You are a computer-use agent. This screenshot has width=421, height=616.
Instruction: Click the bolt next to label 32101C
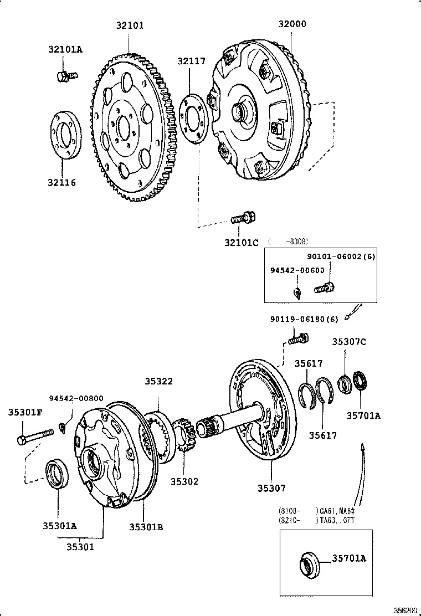point(242,218)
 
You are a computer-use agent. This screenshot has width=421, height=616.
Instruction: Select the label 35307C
point(349,342)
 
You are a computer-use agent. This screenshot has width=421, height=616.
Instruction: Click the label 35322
point(159,382)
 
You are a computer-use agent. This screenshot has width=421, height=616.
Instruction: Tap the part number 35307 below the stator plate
point(271,488)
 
